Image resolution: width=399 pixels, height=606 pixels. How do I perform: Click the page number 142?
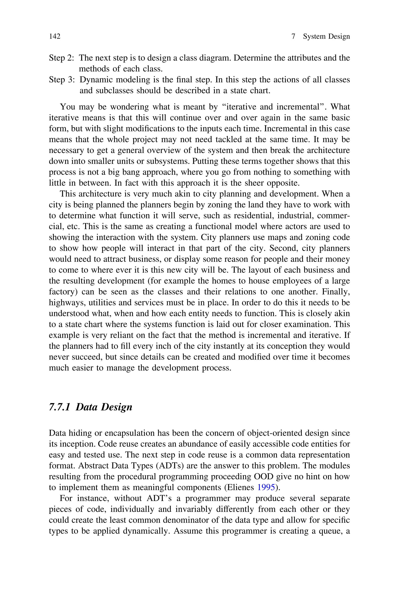[55, 36]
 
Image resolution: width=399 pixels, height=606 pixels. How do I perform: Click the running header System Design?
[326, 36]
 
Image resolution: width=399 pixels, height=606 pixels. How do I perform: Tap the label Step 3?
[62, 80]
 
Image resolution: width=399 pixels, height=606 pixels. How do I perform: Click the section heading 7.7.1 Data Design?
[91, 407]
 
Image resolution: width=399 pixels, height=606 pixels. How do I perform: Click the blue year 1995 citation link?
[266, 488]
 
